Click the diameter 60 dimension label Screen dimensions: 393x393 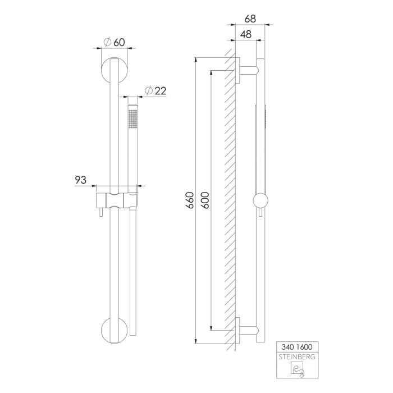pyautogui.click(x=115, y=42)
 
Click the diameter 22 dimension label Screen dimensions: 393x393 pyautogui.click(x=155, y=90)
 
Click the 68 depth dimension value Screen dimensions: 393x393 pyautogui.click(x=250, y=19)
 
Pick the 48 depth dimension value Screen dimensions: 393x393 pyautogui.click(x=245, y=34)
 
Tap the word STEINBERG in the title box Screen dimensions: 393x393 pyautogui.click(x=295, y=357)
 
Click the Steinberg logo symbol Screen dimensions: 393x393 pyautogui.click(x=295, y=370)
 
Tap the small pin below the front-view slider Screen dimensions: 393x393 pyautogui.click(x=102, y=214)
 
